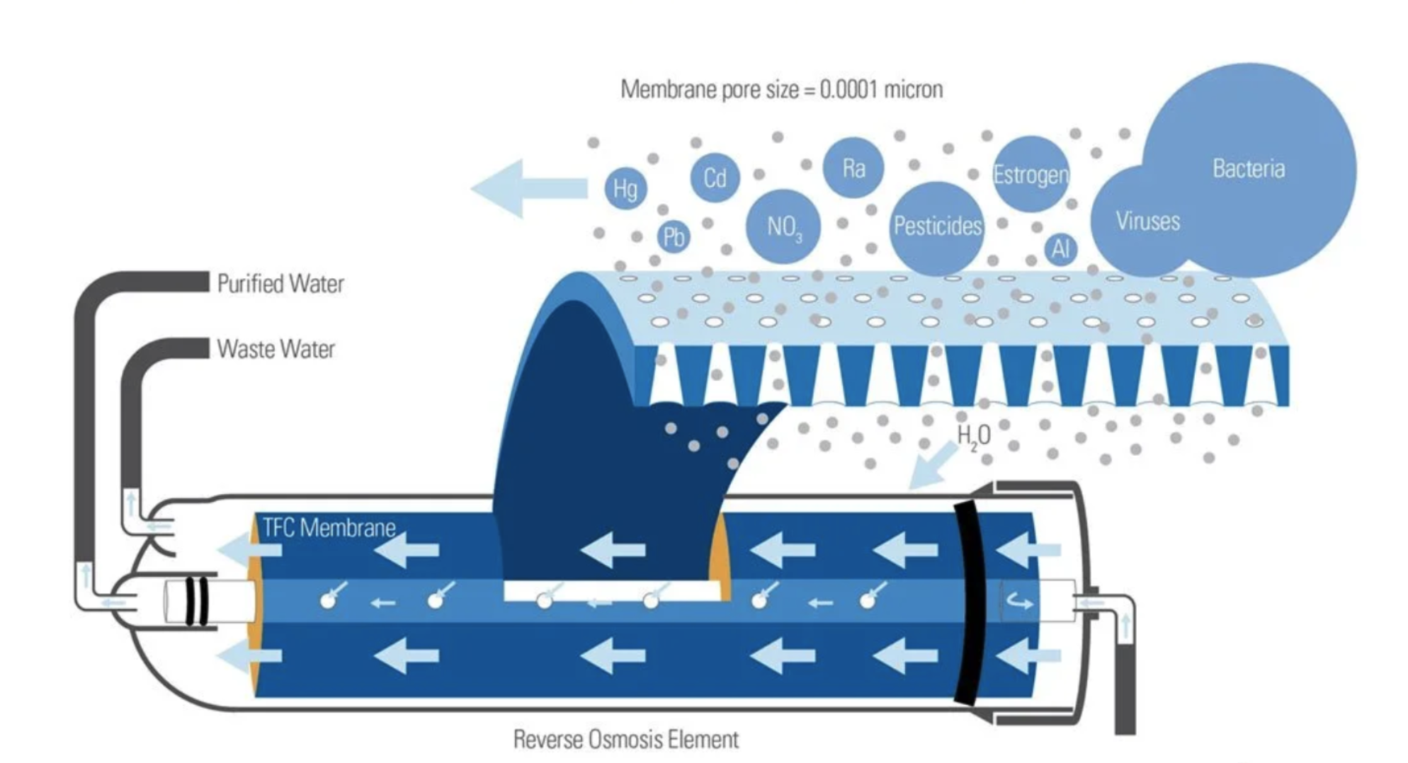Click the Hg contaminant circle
tap(625, 188)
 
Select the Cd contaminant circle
tap(715, 178)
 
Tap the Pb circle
tap(673, 236)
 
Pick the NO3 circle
tap(783, 226)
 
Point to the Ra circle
tap(853, 168)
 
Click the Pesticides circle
tap(937, 226)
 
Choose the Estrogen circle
tap(1030, 174)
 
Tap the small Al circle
tap(1060, 248)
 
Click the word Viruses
tap(1147, 221)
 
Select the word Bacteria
tap(1248, 168)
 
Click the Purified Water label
tap(280, 284)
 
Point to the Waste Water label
tap(276, 349)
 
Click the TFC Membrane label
tap(329, 527)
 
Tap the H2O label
tap(974, 436)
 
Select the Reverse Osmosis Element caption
tap(625, 740)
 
